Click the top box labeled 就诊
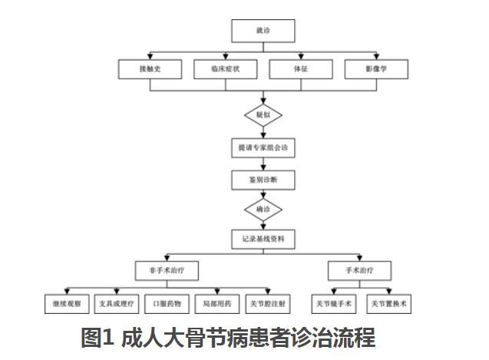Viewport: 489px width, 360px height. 263,31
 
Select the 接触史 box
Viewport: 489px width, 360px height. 150,69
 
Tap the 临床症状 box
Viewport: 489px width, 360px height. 226,69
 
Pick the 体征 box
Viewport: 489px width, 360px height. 301,69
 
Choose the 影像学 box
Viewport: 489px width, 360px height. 376,69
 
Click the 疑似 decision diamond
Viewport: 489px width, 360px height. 263,116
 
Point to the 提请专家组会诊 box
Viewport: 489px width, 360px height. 263,147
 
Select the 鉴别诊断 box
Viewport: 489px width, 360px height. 263,179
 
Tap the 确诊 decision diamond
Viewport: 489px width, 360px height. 263,209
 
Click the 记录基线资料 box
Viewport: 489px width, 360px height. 263,239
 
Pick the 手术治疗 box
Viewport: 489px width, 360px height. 360,270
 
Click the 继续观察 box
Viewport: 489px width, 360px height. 67,304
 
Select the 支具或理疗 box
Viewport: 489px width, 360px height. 117,304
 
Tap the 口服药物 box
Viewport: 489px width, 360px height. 168,304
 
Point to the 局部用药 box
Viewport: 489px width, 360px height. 218,304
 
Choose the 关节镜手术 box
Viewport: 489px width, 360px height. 334,304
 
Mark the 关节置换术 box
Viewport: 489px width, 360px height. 389,304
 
